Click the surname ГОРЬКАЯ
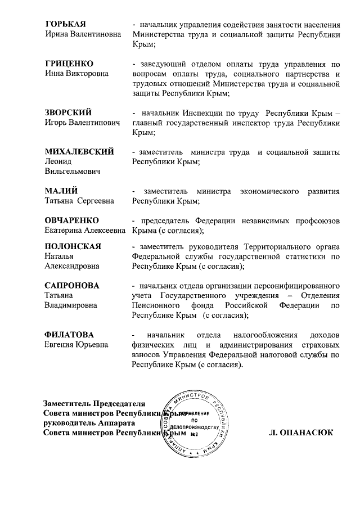[x=65, y=24]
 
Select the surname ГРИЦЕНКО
[x=69, y=63]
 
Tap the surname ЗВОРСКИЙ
[x=68, y=112]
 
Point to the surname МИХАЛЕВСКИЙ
[x=79, y=152]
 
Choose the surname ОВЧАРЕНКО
[x=71, y=220]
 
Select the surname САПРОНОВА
[x=72, y=286]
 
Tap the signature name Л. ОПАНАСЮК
[x=301, y=433]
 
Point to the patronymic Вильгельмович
[x=72, y=172]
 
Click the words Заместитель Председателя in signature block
[x=94, y=403]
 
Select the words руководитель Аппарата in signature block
[x=89, y=423]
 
